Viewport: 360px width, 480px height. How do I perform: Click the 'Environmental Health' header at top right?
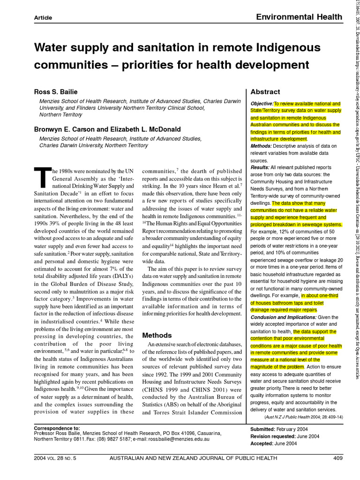tap(299, 17)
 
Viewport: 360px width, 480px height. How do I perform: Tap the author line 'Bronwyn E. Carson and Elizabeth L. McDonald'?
tap(107, 129)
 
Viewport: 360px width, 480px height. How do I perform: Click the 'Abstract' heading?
tap(265, 92)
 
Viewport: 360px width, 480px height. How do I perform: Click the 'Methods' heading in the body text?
tap(157, 335)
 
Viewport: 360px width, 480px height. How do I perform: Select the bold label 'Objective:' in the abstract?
tap(262, 104)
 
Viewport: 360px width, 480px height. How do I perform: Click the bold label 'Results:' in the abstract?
tap(260, 167)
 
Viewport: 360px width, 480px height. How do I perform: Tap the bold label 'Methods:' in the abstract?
tap(261, 146)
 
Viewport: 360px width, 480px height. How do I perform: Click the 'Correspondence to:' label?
tap(57, 428)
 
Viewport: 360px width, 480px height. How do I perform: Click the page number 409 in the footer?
tap(338, 458)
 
